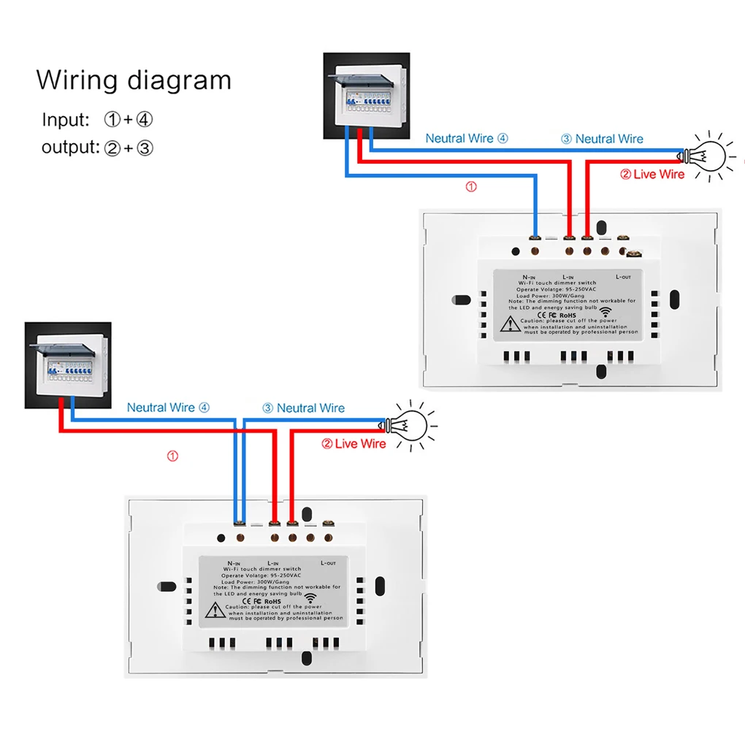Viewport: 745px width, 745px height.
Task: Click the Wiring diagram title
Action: [134, 80]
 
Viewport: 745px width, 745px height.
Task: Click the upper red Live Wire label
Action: [652, 174]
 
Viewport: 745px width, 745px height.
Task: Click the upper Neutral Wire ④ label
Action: [466, 138]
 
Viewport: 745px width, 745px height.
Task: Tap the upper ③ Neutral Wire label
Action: [602, 139]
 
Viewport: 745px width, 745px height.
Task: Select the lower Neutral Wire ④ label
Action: [167, 408]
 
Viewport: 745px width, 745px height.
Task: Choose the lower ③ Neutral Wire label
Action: [303, 408]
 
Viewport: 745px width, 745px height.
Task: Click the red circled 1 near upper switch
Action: [471, 187]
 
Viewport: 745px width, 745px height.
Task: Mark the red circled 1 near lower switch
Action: [172, 456]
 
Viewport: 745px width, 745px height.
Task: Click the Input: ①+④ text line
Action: [97, 119]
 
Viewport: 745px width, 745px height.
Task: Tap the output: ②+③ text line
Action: [97, 148]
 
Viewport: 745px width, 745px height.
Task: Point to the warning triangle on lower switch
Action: [214, 610]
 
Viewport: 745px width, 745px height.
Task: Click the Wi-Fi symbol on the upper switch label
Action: [605, 310]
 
